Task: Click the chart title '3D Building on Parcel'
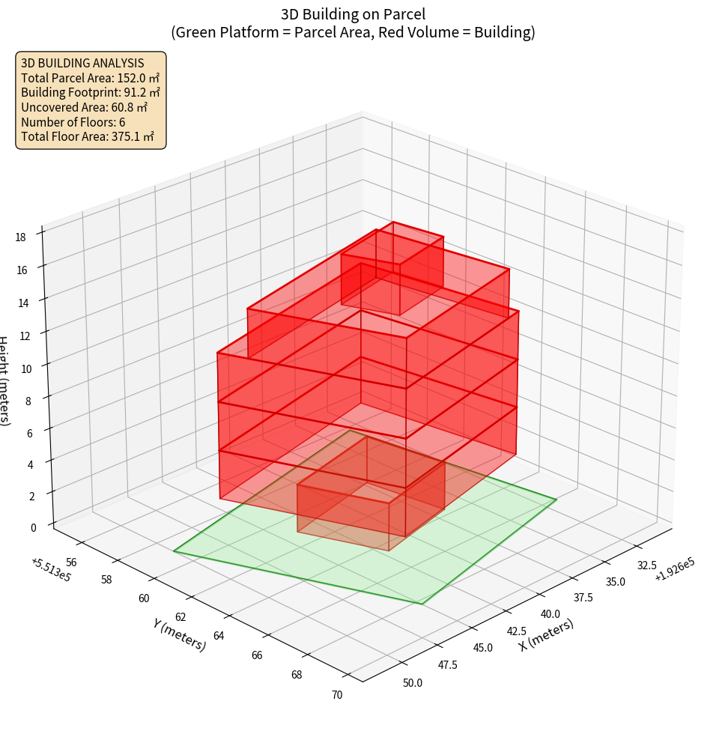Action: pyautogui.click(x=353, y=14)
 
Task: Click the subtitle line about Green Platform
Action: pyautogui.click(x=353, y=32)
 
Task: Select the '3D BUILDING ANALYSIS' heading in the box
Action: pyautogui.click(x=82, y=63)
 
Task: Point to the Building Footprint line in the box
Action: pyautogui.click(x=90, y=93)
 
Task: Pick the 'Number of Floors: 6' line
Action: pyautogui.click(x=73, y=122)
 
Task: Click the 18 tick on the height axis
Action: pyautogui.click(x=20, y=237)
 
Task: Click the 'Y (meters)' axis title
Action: pyautogui.click(x=179, y=634)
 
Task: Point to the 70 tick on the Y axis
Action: pyautogui.click(x=337, y=695)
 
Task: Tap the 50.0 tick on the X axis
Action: pyautogui.click(x=413, y=682)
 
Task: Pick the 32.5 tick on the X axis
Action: pyautogui.click(x=646, y=565)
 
